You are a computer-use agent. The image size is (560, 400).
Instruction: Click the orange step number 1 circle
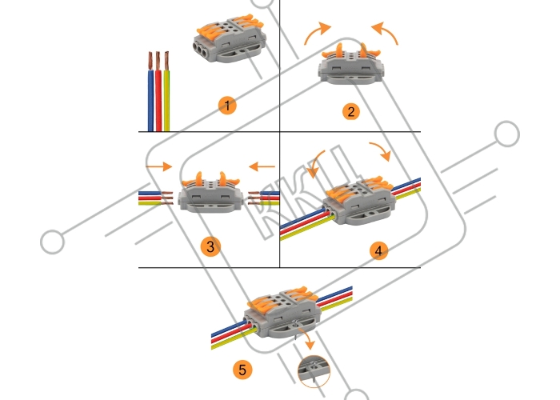(229, 106)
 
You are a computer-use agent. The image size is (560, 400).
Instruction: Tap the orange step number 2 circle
(350, 111)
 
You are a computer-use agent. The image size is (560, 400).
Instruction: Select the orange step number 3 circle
(210, 246)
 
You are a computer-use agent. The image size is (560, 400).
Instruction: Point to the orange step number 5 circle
(241, 370)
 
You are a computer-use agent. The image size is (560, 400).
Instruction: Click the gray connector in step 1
(227, 41)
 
